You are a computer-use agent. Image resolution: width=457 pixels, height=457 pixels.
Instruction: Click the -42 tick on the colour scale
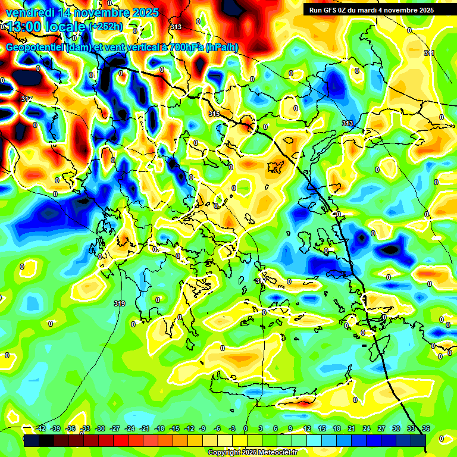[41, 428]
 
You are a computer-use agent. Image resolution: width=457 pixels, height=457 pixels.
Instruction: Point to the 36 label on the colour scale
[426, 428]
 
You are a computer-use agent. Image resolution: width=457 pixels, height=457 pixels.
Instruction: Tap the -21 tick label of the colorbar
[145, 428]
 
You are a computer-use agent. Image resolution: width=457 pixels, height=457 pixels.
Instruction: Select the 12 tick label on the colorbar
[307, 428]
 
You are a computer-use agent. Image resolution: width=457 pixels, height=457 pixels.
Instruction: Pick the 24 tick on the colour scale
[367, 428]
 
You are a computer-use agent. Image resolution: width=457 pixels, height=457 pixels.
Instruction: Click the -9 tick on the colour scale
[202, 428]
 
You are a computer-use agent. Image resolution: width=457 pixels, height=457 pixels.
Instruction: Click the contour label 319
[120, 303]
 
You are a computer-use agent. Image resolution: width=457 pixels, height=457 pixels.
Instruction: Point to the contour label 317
[26, 99]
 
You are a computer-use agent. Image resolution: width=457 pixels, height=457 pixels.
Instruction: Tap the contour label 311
[429, 54]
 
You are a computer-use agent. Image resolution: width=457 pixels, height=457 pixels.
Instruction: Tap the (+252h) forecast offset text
[106, 27]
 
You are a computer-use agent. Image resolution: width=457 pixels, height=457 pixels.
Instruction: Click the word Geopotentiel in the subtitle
[34, 48]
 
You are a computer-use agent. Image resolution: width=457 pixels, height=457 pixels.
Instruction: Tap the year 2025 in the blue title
[143, 12]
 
